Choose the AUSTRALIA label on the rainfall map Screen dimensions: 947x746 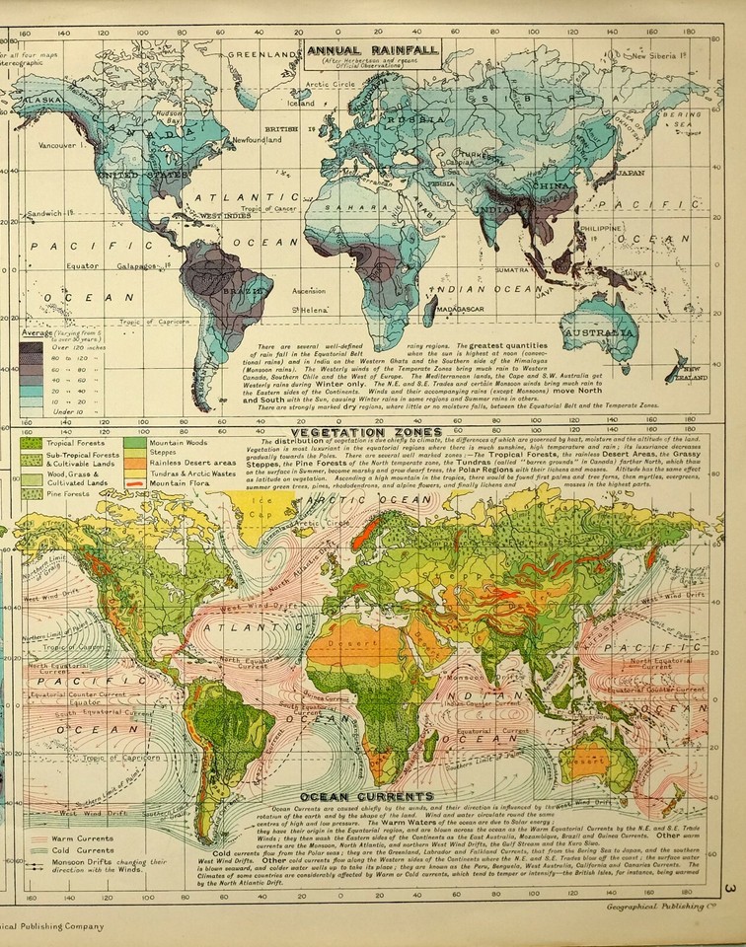click(598, 333)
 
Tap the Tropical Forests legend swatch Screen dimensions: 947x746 click(30, 443)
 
